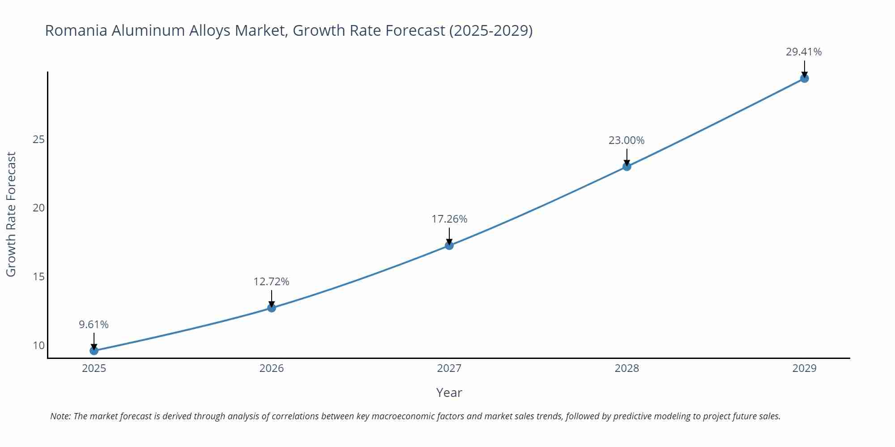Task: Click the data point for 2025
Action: (94, 350)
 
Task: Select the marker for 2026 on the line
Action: (272, 308)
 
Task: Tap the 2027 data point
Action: (449, 245)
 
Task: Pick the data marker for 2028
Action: (627, 167)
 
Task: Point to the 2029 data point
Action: (804, 79)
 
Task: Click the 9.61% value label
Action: (94, 325)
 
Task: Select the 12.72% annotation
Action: (271, 282)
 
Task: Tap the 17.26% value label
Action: (449, 219)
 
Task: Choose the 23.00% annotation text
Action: (626, 140)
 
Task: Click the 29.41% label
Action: (804, 52)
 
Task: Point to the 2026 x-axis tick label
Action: (272, 368)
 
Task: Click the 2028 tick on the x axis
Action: (627, 368)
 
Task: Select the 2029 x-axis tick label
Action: (804, 368)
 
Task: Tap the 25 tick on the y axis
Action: (39, 139)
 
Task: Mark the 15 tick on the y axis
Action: (39, 277)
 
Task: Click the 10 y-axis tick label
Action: (39, 345)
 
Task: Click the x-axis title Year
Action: (449, 392)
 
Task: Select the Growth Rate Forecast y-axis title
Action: (11, 214)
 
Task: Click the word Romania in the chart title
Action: (76, 30)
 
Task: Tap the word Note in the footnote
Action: (60, 416)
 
